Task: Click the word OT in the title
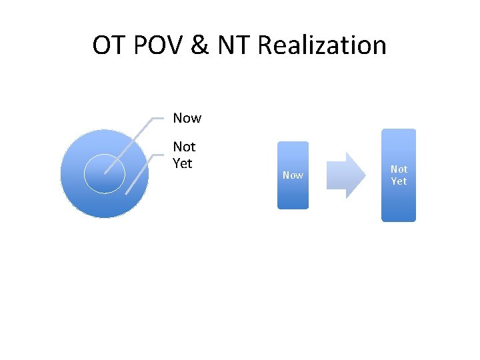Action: (107, 46)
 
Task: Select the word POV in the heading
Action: (153, 46)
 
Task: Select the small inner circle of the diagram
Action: (104, 174)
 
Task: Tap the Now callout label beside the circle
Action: (187, 118)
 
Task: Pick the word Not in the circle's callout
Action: (184, 147)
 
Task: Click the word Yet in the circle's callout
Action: (182, 163)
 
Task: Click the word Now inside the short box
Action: (293, 175)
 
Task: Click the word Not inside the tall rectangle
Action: (399, 169)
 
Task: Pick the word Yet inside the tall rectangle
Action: (399, 181)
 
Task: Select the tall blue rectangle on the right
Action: (398, 203)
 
